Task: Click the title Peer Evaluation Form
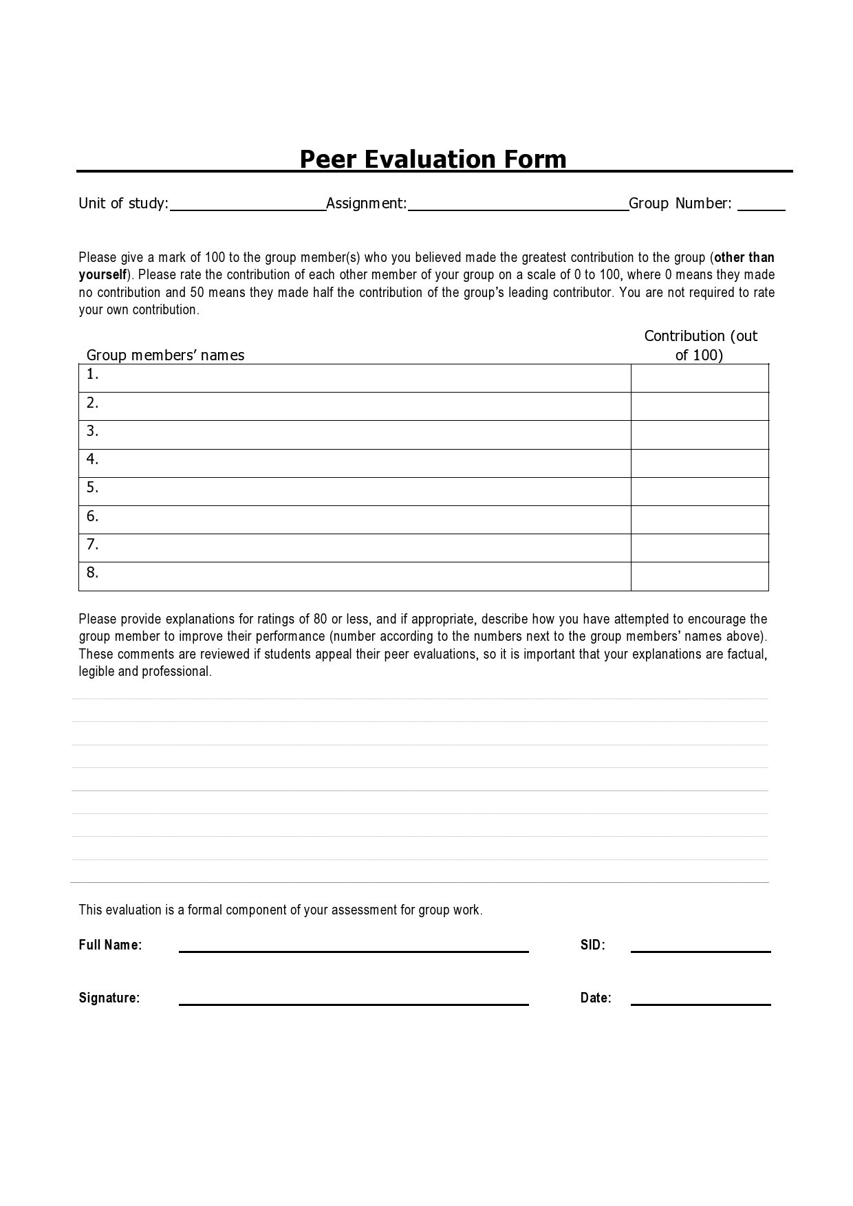point(433,159)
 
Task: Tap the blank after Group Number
point(761,206)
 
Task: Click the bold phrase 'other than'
point(744,258)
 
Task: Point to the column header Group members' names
point(165,355)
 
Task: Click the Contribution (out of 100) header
point(700,345)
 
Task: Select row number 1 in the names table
point(93,375)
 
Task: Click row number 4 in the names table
point(93,459)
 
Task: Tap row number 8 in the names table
point(93,573)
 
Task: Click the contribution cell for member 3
point(700,435)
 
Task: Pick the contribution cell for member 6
point(700,520)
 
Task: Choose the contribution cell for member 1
point(700,378)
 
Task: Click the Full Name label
point(110,945)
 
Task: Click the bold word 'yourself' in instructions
point(102,275)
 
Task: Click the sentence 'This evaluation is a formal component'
point(280,910)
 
